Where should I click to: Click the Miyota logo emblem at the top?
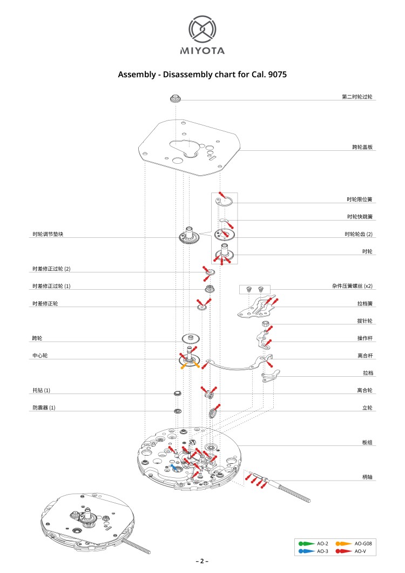[202, 29]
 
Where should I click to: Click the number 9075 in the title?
[277, 75]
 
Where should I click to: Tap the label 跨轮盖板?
[362, 147]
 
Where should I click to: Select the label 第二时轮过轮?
[357, 97]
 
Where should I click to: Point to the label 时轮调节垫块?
[48, 234]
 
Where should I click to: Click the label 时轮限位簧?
[360, 199]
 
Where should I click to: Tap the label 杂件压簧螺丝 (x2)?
[353, 286]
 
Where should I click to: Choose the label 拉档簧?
[365, 303]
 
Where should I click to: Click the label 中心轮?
[40, 356]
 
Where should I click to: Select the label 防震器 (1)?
[44, 408]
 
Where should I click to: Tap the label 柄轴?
[367, 477]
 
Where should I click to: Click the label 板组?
[367, 442]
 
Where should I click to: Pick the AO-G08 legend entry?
[354, 544]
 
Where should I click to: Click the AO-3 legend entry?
[313, 551]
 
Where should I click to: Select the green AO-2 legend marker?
[306, 544]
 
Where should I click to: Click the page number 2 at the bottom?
[202, 561]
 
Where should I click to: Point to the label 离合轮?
[365, 390]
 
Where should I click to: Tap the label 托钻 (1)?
[41, 390]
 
